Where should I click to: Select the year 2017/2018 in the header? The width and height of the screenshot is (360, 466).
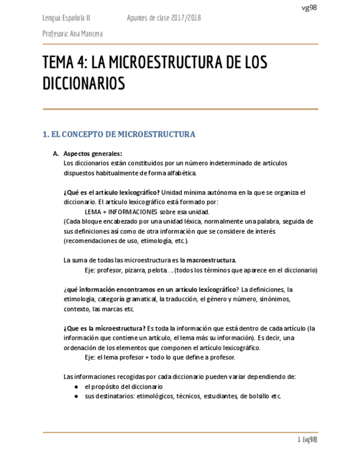[186, 19]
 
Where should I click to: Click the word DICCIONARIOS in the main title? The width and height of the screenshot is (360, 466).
[84, 84]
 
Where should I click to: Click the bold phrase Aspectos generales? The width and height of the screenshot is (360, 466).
[93, 154]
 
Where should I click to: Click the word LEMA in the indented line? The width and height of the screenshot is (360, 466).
[93, 212]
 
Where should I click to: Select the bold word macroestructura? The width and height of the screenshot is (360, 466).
[212, 260]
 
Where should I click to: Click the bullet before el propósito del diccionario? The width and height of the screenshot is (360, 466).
[76, 387]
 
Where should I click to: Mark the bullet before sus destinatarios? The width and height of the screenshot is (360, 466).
[76, 396]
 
